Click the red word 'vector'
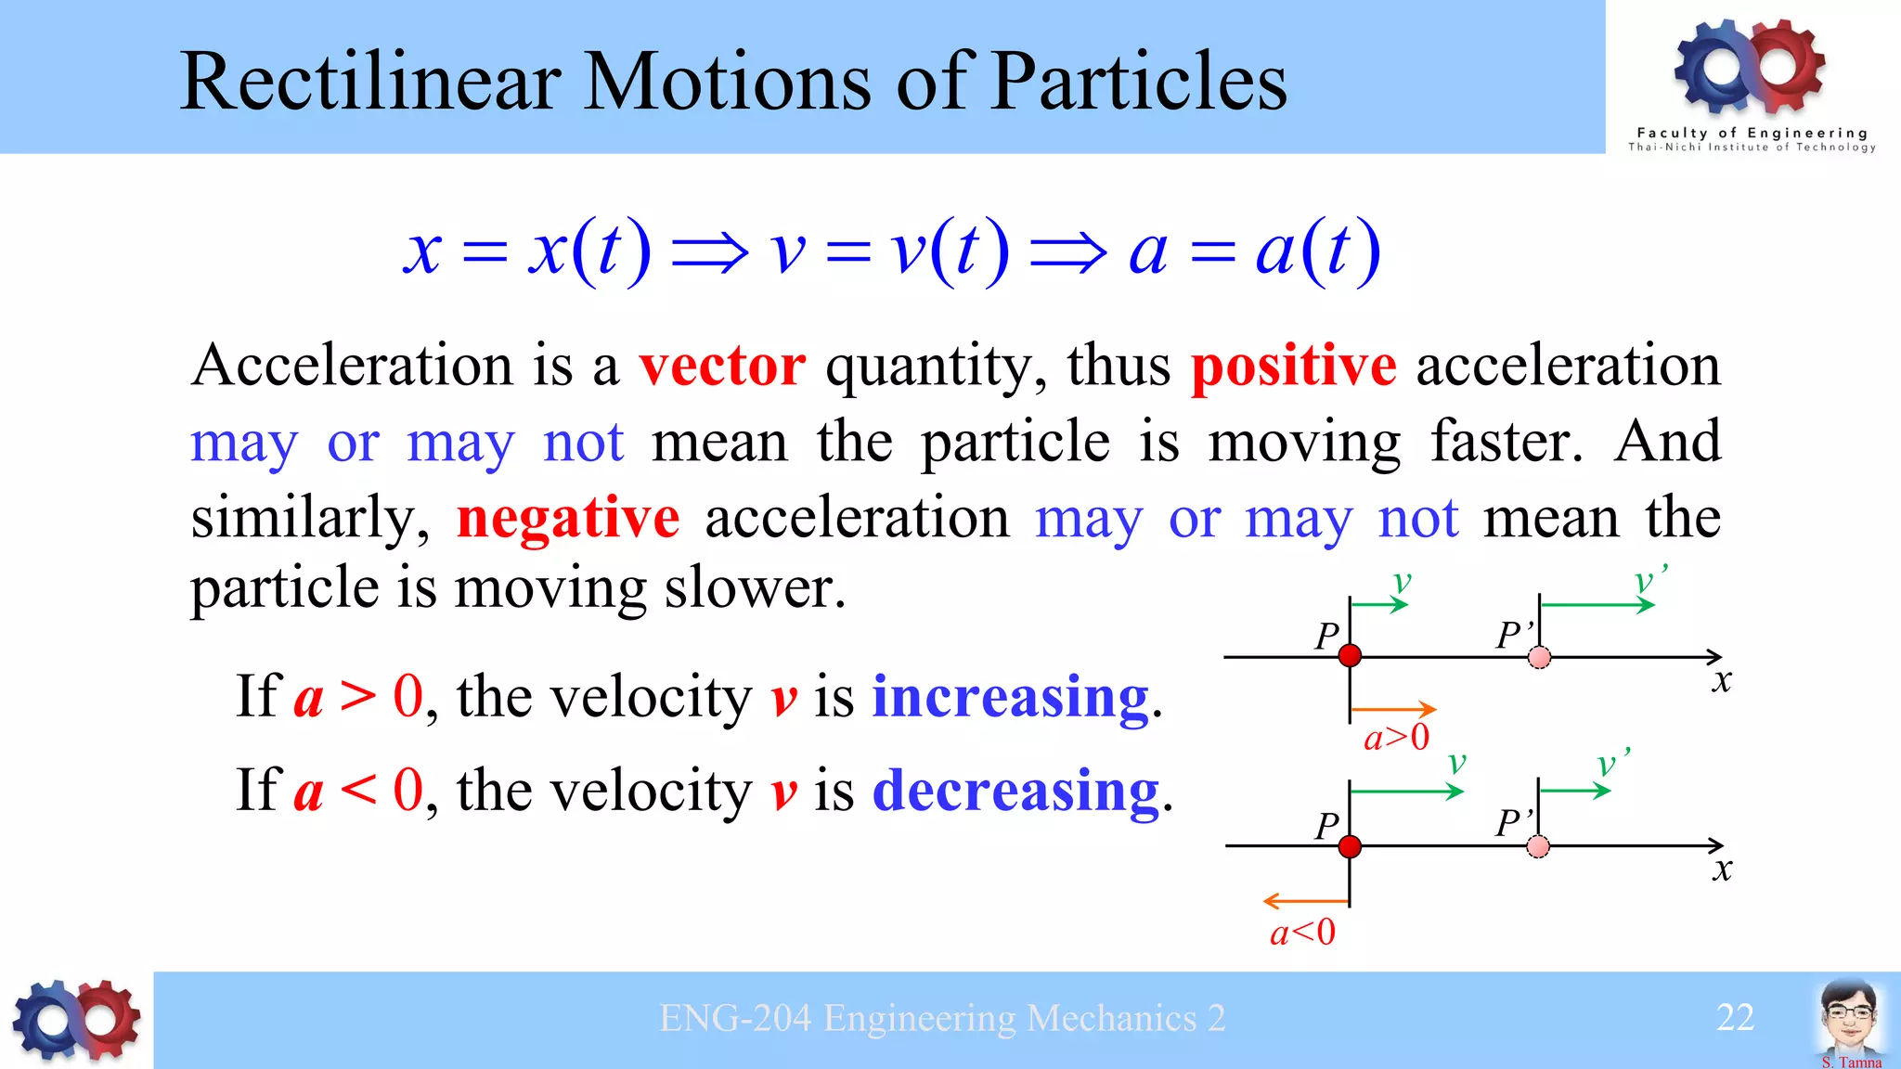click(x=722, y=366)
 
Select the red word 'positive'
click(x=1293, y=366)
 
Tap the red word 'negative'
click(x=568, y=518)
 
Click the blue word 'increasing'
click(x=1011, y=697)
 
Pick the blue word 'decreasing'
click(x=1016, y=791)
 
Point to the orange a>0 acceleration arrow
click(x=1392, y=709)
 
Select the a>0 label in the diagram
click(x=1396, y=738)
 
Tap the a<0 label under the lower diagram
click(x=1302, y=933)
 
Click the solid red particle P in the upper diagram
click(x=1350, y=656)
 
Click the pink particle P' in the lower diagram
click(x=1538, y=846)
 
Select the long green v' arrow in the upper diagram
click(x=1597, y=605)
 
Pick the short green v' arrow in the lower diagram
click(x=1574, y=791)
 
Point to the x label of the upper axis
click(x=1722, y=681)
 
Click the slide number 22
click(x=1735, y=1018)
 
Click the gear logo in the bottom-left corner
click(x=76, y=1020)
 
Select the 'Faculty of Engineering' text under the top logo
click(x=1752, y=133)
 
